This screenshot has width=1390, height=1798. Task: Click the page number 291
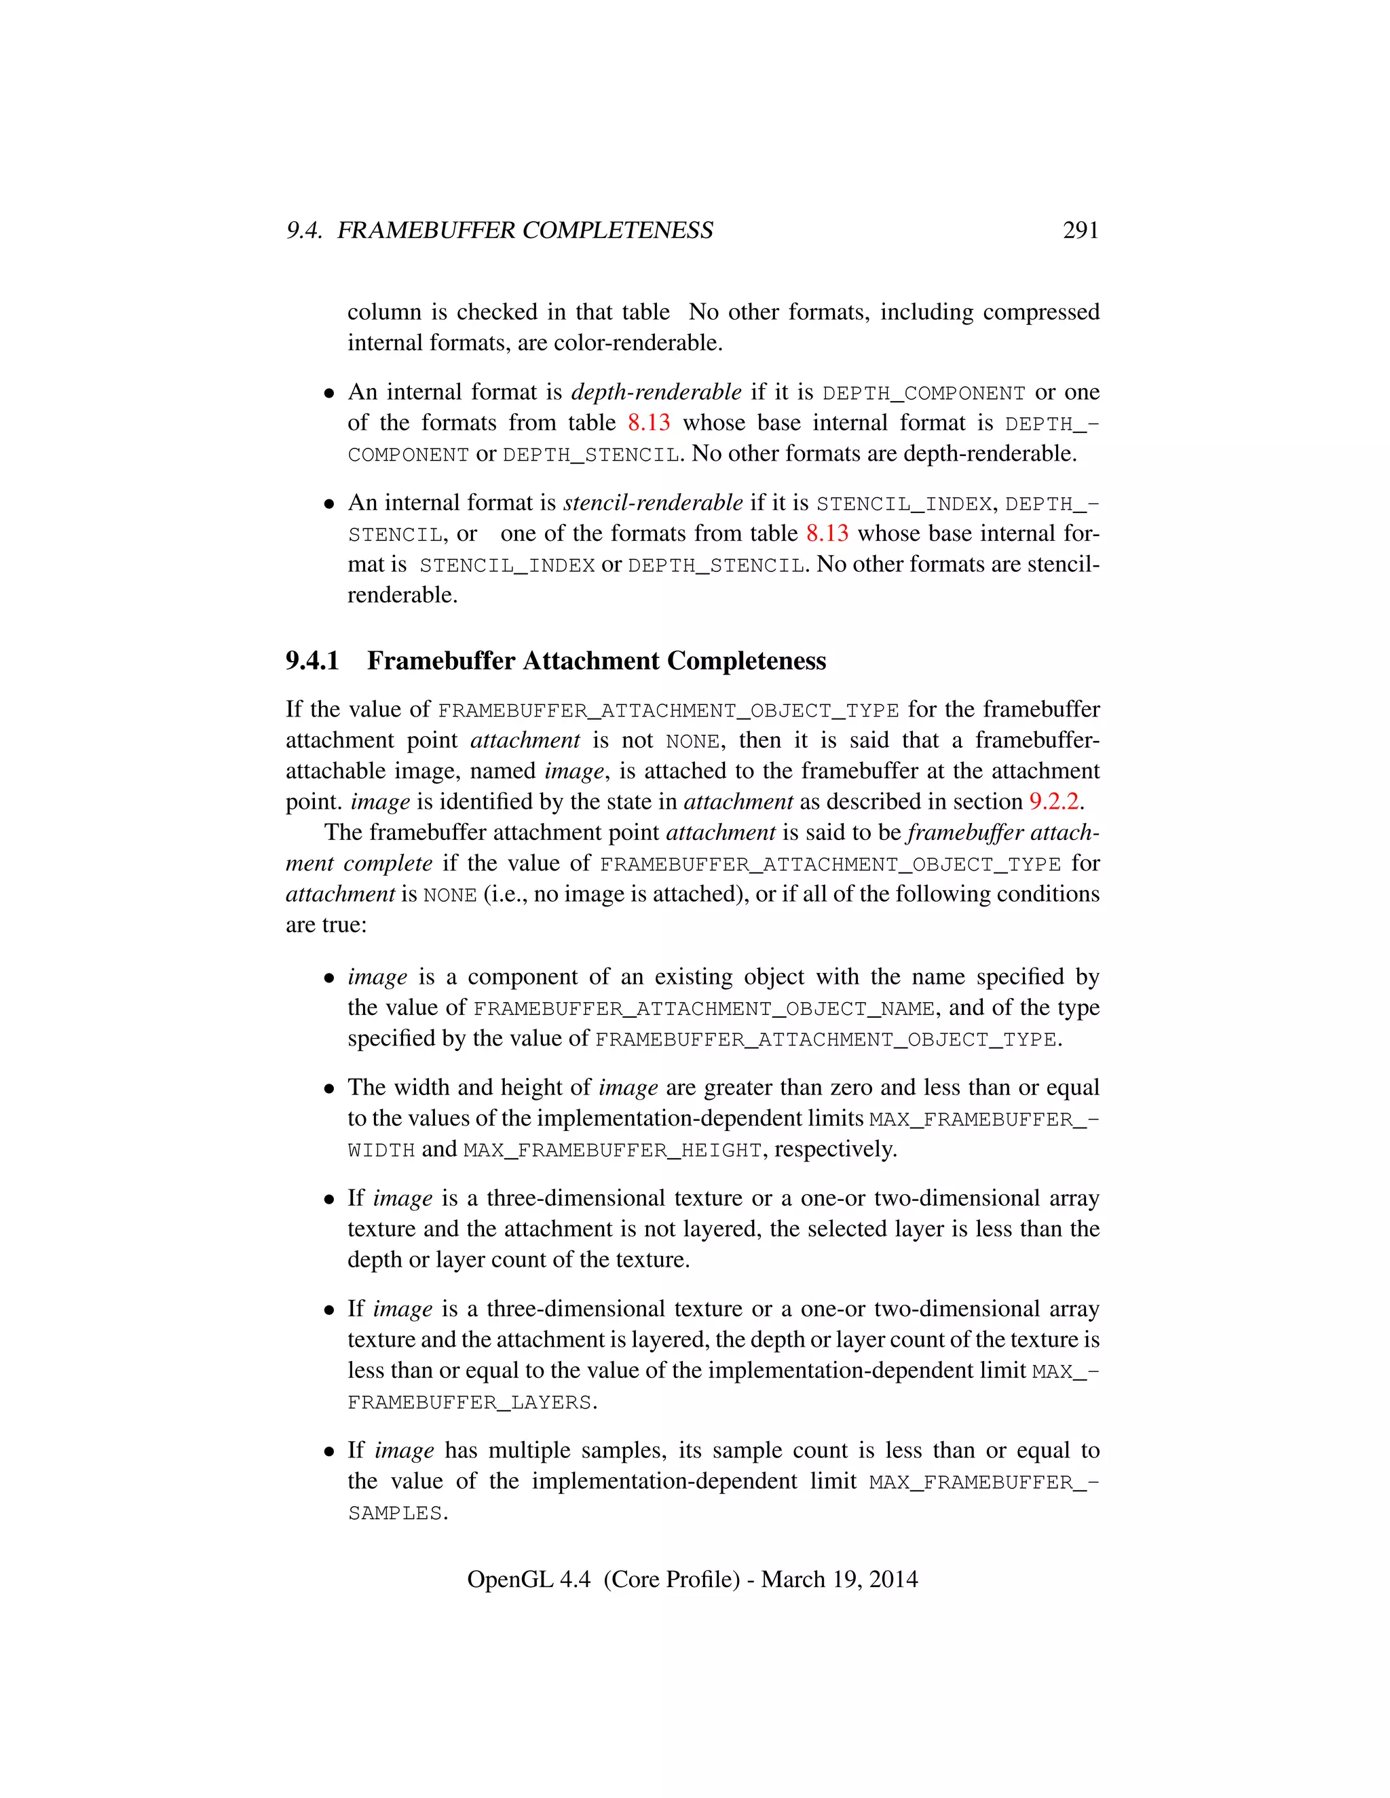pyautogui.click(x=1080, y=231)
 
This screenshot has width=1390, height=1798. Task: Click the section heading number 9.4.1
pyautogui.click(x=312, y=661)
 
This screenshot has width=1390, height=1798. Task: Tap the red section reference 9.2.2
pyautogui.click(x=1053, y=802)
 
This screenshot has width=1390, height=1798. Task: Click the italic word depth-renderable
pyautogui.click(x=656, y=393)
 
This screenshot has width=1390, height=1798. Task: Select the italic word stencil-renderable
pyautogui.click(x=652, y=503)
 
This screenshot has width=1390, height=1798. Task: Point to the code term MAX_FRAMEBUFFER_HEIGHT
pyautogui.click(x=613, y=1151)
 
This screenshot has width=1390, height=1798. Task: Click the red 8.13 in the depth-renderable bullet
pyautogui.click(x=648, y=423)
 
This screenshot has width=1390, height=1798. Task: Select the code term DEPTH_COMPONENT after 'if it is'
pyautogui.click(x=924, y=394)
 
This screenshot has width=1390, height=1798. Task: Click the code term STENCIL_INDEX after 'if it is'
pyautogui.click(x=903, y=504)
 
